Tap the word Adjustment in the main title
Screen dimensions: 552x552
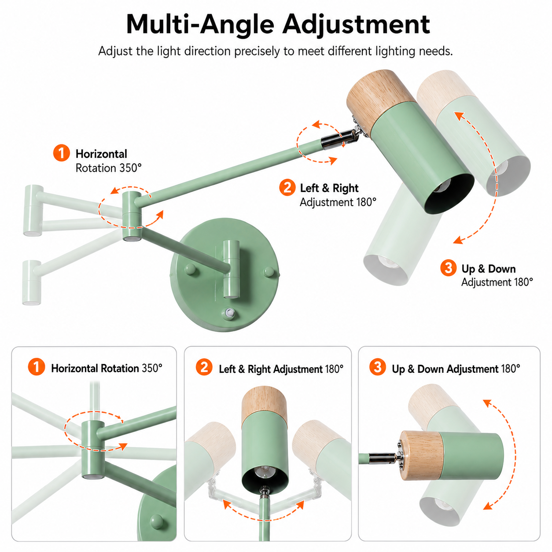356,25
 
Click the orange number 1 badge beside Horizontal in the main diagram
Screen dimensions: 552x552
61,153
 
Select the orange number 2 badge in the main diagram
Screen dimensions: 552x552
287,188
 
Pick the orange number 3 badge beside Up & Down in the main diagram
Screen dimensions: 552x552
448,268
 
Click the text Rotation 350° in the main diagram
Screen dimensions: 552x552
109,168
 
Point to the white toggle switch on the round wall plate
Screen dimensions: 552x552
230,313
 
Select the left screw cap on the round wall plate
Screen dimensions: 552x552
191,269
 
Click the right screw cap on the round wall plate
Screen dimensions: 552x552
269,272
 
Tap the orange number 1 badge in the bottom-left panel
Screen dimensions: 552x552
37,367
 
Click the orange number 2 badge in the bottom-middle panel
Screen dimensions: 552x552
204,367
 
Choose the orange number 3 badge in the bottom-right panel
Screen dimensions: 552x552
378,367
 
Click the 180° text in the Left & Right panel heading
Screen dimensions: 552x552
334,369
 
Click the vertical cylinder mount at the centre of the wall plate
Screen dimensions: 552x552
231,269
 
